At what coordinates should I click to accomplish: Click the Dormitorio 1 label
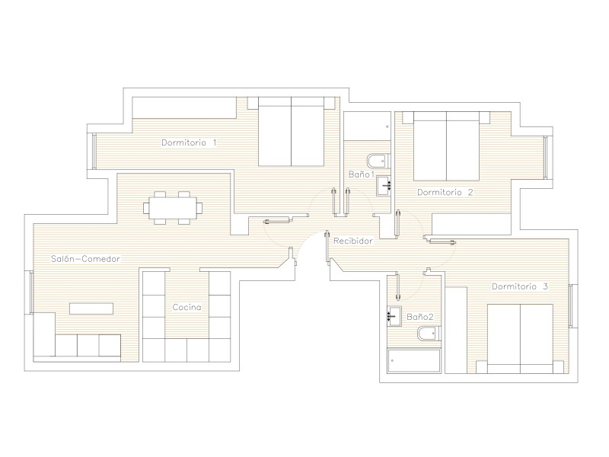pos(189,142)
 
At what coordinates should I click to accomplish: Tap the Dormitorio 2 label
pos(445,193)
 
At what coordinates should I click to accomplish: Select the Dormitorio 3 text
pos(520,286)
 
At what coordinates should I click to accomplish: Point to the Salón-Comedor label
pos(86,259)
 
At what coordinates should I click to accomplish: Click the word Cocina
pos(187,307)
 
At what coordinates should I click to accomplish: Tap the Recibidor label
pos(353,241)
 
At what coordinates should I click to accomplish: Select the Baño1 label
pos(361,174)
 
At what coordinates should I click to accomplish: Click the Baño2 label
pos(420,317)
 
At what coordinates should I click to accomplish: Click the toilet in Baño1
pos(378,161)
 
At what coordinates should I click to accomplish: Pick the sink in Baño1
pos(384,186)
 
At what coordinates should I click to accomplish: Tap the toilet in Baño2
pos(429,334)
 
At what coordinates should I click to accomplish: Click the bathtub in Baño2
pos(414,361)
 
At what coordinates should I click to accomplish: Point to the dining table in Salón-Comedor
pos(173,208)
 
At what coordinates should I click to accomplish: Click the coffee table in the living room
pos(91,308)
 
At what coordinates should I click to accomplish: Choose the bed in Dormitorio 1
pos(292,131)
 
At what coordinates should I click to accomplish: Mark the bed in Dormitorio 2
pos(446,146)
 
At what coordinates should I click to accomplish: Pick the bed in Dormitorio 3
pos(520,339)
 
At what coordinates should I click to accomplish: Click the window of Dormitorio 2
pos(546,158)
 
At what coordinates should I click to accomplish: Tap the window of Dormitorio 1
pos(94,151)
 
